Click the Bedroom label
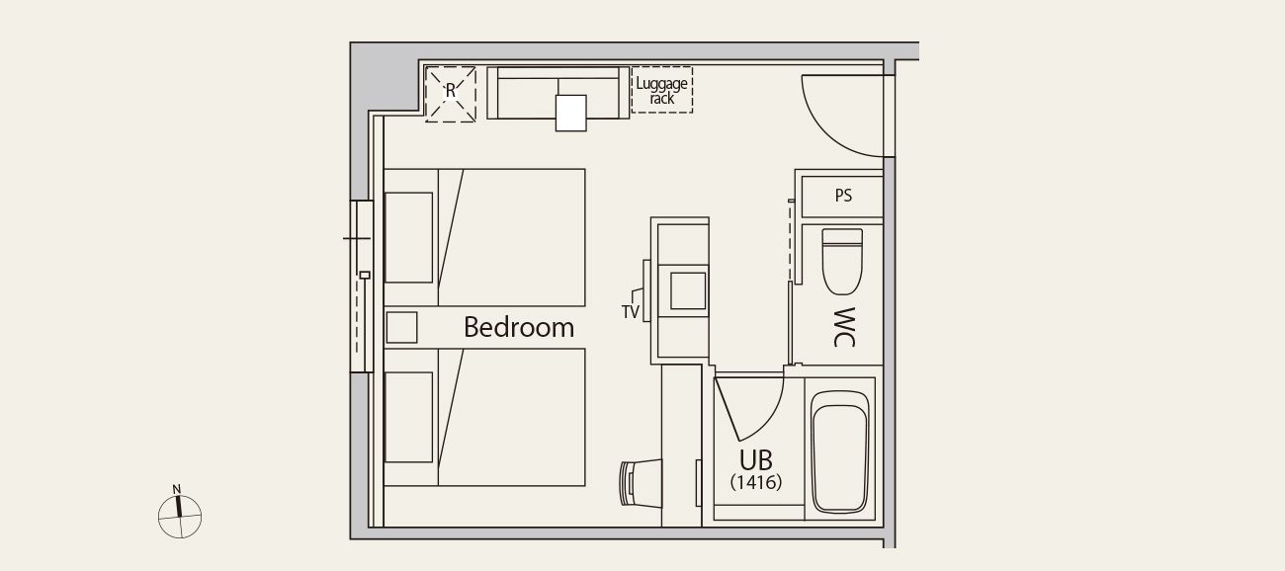pyautogui.click(x=519, y=327)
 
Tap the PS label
pyautogui.click(x=843, y=196)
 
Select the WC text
pyautogui.click(x=844, y=327)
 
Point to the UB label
pyautogui.click(x=755, y=459)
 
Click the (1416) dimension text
pyautogui.click(x=756, y=482)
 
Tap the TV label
pyautogui.click(x=630, y=312)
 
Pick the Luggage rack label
pyautogui.click(x=662, y=91)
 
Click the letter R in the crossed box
pyautogui.click(x=451, y=91)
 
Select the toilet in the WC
pyautogui.click(x=842, y=262)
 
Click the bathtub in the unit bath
pyautogui.click(x=839, y=451)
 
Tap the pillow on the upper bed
pyautogui.click(x=408, y=237)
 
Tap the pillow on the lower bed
pyautogui.click(x=408, y=417)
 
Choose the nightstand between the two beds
pyautogui.click(x=401, y=327)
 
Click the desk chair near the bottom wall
pyautogui.click(x=642, y=483)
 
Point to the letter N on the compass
pyautogui.click(x=177, y=489)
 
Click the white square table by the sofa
pyautogui.click(x=570, y=113)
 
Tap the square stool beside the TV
pyautogui.click(x=688, y=290)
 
